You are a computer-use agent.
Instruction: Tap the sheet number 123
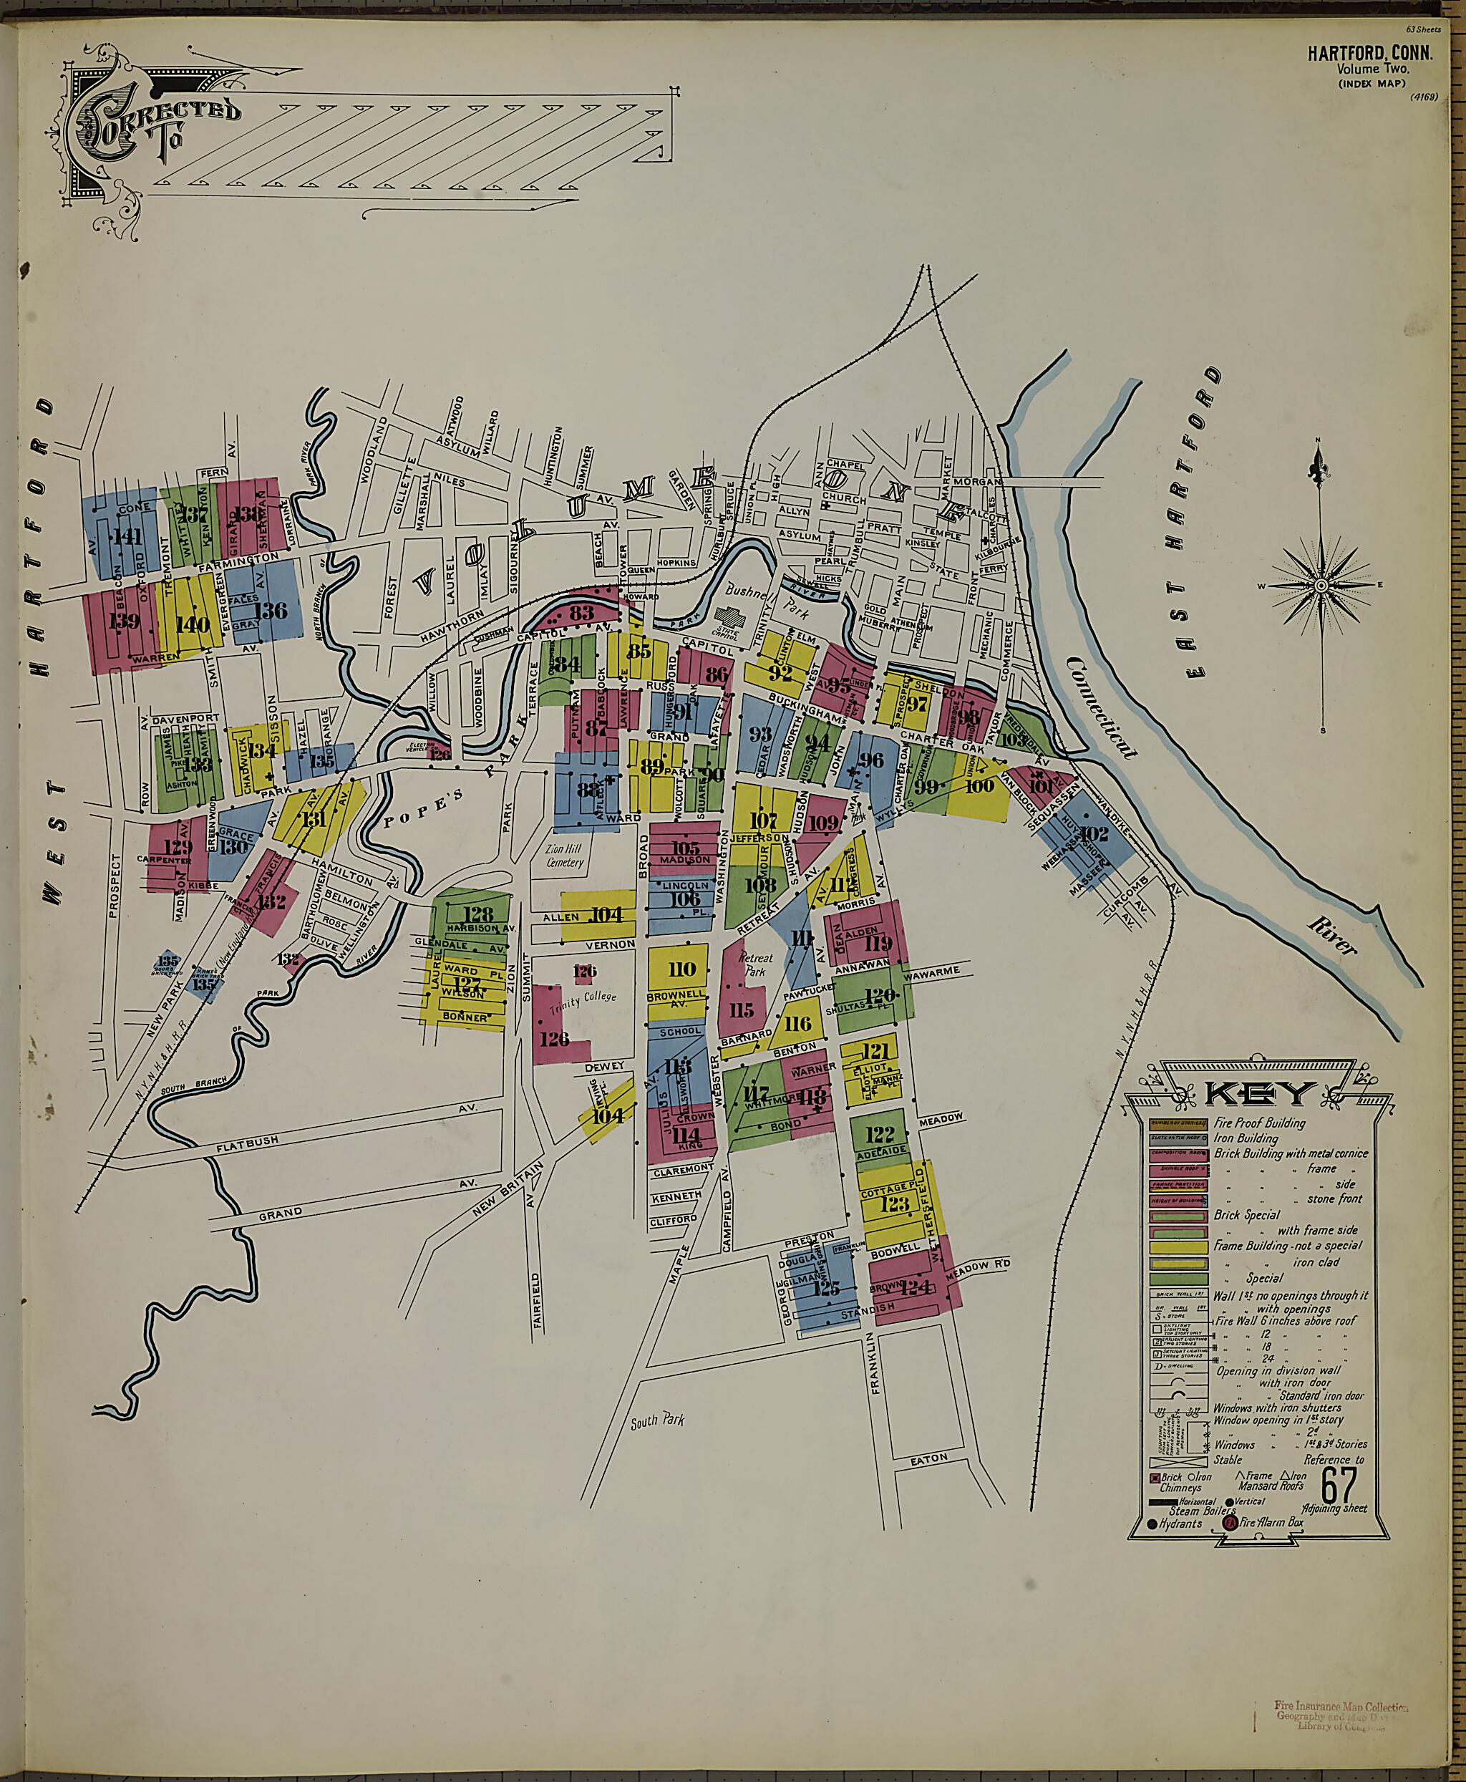(894, 1203)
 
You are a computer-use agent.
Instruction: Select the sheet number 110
(681, 969)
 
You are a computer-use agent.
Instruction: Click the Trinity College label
(583, 1002)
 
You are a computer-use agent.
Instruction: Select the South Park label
(657, 1420)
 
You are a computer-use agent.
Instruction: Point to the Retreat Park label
(755, 964)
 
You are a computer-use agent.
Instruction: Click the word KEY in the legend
(1258, 1095)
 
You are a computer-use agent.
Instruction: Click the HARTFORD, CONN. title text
(1370, 53)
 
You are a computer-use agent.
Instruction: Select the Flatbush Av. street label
(248, 1143)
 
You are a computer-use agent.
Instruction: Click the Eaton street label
(929, 1458)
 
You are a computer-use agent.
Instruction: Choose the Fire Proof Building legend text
(1258, 1123)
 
